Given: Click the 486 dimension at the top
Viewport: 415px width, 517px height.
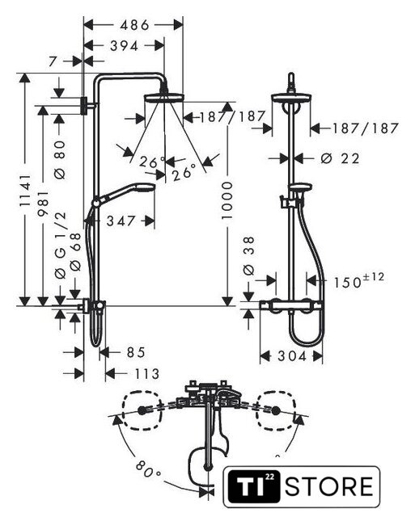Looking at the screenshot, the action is click(x=134, y=25).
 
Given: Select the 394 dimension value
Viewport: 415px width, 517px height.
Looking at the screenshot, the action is click(x=124, y=46).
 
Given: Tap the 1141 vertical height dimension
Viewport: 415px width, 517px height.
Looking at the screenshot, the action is click(x=25, y=191).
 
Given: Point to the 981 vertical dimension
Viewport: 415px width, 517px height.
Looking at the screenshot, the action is click(x=43, y=203).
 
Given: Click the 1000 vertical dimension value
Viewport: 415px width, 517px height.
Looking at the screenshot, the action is click(x=227, y=200).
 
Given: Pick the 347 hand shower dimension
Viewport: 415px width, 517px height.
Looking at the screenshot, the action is click(x=121, y=221).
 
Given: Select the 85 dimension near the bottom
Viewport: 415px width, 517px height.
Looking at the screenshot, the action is click(x=136, y=352).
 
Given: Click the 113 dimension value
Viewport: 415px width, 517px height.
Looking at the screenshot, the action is click(x=147, y=374).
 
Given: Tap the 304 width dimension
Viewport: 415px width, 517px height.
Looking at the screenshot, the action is click(x=292, y=356).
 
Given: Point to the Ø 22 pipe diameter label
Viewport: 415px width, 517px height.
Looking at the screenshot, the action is click(x=340, y=158).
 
